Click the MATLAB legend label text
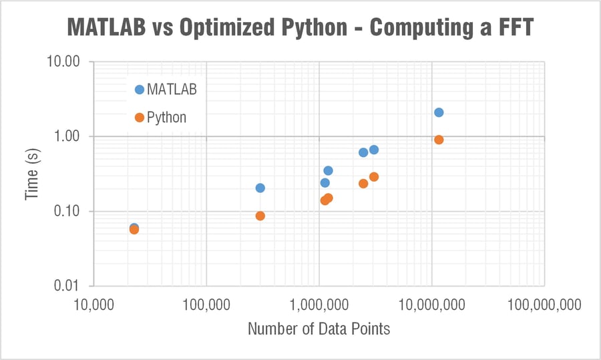tap(172, 89)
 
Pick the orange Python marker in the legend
tap(139, 118)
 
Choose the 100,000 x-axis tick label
tap(206, 305)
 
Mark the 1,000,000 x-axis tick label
tap(319, 305)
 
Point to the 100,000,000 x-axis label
tap(544, 305)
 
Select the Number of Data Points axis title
tap(319, 329)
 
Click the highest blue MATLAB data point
tap(439, 112)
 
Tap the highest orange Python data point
tap(439, 140)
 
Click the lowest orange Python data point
tap(134, 230)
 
